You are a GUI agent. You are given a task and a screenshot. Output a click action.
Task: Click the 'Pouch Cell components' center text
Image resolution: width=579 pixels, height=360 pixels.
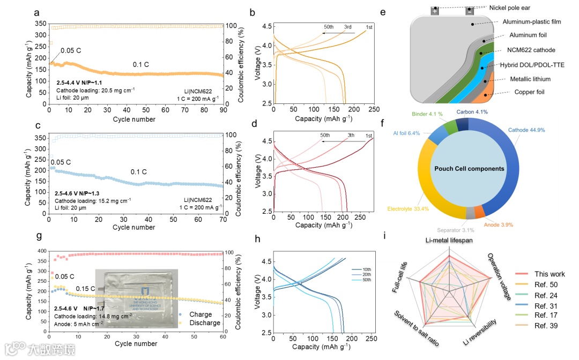pos(470,168)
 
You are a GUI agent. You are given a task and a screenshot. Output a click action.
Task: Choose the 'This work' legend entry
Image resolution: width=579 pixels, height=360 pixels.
pos(550,274)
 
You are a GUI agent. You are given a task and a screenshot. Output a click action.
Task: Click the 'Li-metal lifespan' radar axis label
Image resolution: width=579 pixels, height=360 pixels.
pos(449,240)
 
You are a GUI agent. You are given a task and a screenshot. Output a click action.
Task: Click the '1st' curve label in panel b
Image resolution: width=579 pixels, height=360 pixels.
pos(369,27)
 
